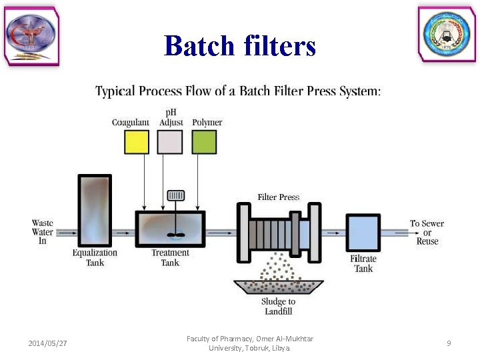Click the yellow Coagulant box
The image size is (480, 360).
point(137,142)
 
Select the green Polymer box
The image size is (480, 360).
point(204,142)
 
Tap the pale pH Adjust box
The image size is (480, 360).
point(170,142)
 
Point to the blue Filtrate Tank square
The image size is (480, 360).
point(363,233)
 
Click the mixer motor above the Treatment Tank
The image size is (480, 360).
point(176,195)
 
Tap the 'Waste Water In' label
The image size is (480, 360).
point(43,232)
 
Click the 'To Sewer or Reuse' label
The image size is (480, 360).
point(427,232)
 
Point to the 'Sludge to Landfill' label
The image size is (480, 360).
point(279,306)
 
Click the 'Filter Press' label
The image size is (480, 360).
point(279,197)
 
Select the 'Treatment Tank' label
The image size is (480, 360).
point(170,257)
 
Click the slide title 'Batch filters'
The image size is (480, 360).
point(239,46)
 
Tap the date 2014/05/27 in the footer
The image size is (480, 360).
point(48,343)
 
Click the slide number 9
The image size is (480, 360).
point(449,343)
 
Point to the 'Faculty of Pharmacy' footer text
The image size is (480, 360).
point(250,343)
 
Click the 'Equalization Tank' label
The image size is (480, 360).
point(95,257)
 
